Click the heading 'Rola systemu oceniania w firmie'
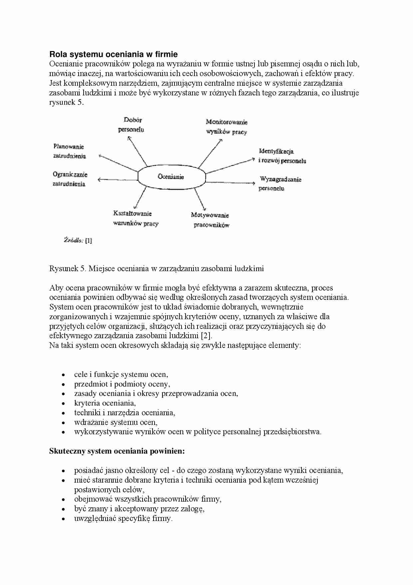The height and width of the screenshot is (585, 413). pos(113,54)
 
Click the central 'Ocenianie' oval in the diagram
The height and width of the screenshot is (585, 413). pos(171,177)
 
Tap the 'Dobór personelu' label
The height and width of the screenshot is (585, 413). pos(132,125)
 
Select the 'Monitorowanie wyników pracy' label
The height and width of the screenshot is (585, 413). pos(226,127)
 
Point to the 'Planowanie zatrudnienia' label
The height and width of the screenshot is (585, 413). pos(69,151)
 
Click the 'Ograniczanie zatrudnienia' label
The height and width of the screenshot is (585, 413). pos(70,179)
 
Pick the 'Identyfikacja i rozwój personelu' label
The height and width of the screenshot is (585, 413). pos(282,156)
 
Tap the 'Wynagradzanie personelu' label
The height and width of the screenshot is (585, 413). pos(280,184)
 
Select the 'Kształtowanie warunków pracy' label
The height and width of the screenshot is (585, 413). pos(135,218)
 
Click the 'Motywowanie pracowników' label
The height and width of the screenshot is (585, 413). pos(210,220)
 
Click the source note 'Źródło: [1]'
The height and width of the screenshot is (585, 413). pos(78,240)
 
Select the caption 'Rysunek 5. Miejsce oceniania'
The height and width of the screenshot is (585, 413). pos(156,268)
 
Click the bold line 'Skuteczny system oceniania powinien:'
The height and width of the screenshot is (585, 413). pos(117,451)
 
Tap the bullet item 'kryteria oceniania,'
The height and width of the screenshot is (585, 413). pos(105,403)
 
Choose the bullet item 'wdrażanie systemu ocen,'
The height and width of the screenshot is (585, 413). pos(116,422)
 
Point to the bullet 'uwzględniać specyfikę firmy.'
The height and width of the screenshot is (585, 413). pos(123,518)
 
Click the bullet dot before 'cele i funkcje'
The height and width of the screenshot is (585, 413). pos(63,375)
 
